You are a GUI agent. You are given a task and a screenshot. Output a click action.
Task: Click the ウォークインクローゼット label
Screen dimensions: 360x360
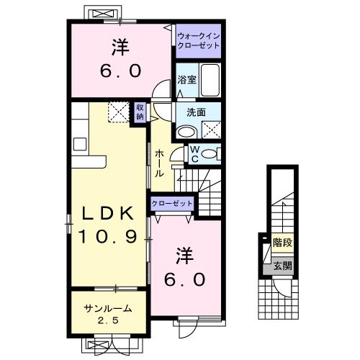click(198, 40)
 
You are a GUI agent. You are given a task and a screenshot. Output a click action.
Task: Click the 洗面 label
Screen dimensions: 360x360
click(196, 112)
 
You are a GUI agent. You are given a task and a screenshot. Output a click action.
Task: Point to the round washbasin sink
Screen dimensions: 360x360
click(186, 131)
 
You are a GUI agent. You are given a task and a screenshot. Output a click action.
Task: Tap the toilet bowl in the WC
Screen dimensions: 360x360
click(210, 153)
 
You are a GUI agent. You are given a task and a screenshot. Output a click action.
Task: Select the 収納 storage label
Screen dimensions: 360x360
click(140, 112)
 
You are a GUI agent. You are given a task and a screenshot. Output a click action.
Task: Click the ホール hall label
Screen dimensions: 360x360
click(159, 163)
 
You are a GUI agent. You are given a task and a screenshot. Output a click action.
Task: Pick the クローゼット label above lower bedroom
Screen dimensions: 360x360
click(172, 204)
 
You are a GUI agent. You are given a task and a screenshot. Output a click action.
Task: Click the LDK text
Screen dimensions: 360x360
click(107, 214)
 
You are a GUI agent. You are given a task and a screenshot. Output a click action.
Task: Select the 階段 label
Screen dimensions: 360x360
click(282, 243)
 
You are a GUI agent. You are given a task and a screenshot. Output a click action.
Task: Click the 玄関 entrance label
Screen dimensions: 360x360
click(282, 266)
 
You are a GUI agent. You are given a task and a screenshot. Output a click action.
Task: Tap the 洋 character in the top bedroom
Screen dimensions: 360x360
click(120, 49)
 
